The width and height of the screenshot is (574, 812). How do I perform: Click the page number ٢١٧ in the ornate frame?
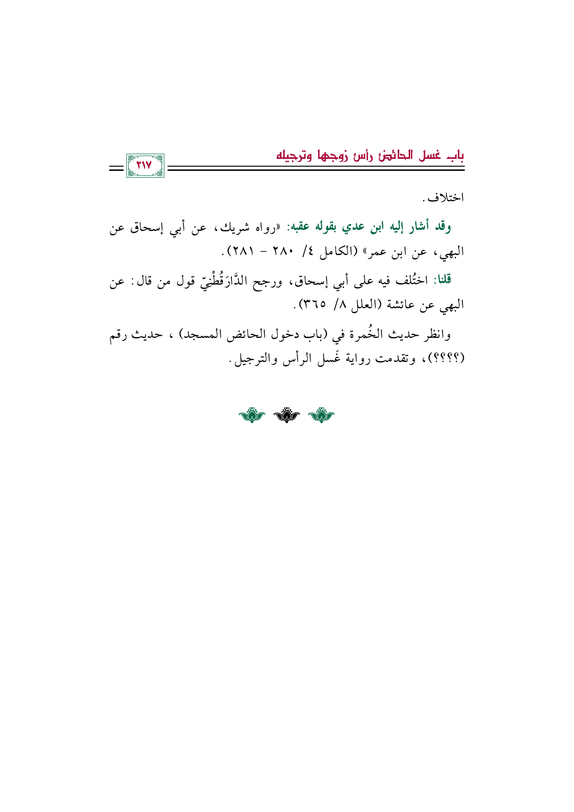[x=145, y=166]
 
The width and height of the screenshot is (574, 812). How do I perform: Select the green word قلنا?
[x=442, y=280]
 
